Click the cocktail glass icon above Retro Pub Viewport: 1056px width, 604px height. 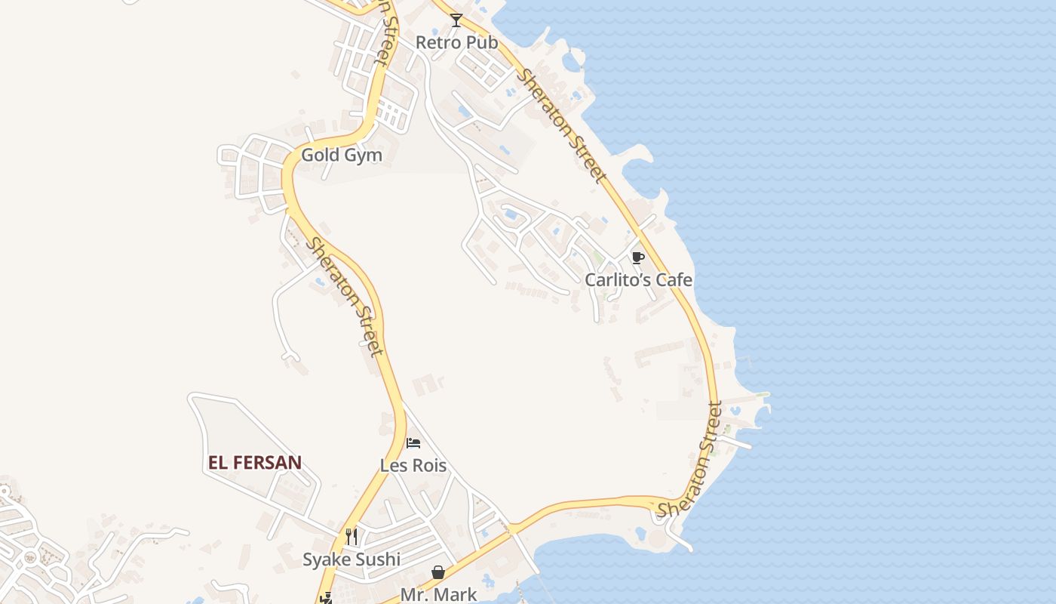(x=456, y=20)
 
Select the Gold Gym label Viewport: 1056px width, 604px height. (x=342, y=156)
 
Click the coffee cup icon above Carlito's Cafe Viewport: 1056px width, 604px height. (x=638, y=258)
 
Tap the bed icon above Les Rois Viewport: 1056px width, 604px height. (x=413, y=443)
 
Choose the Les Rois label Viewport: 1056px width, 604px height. (x=413, y=466)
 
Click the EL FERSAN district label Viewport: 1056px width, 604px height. (x=255, y=463)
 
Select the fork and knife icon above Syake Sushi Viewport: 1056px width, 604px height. (x=351, y=537)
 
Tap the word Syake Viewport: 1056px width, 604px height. (x=326, y=559)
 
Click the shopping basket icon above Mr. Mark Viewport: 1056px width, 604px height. (x=438, y=573)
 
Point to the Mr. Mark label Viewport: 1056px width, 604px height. (x=438, y=594)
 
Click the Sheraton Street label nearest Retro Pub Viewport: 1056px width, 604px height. (x=562, y=126)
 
